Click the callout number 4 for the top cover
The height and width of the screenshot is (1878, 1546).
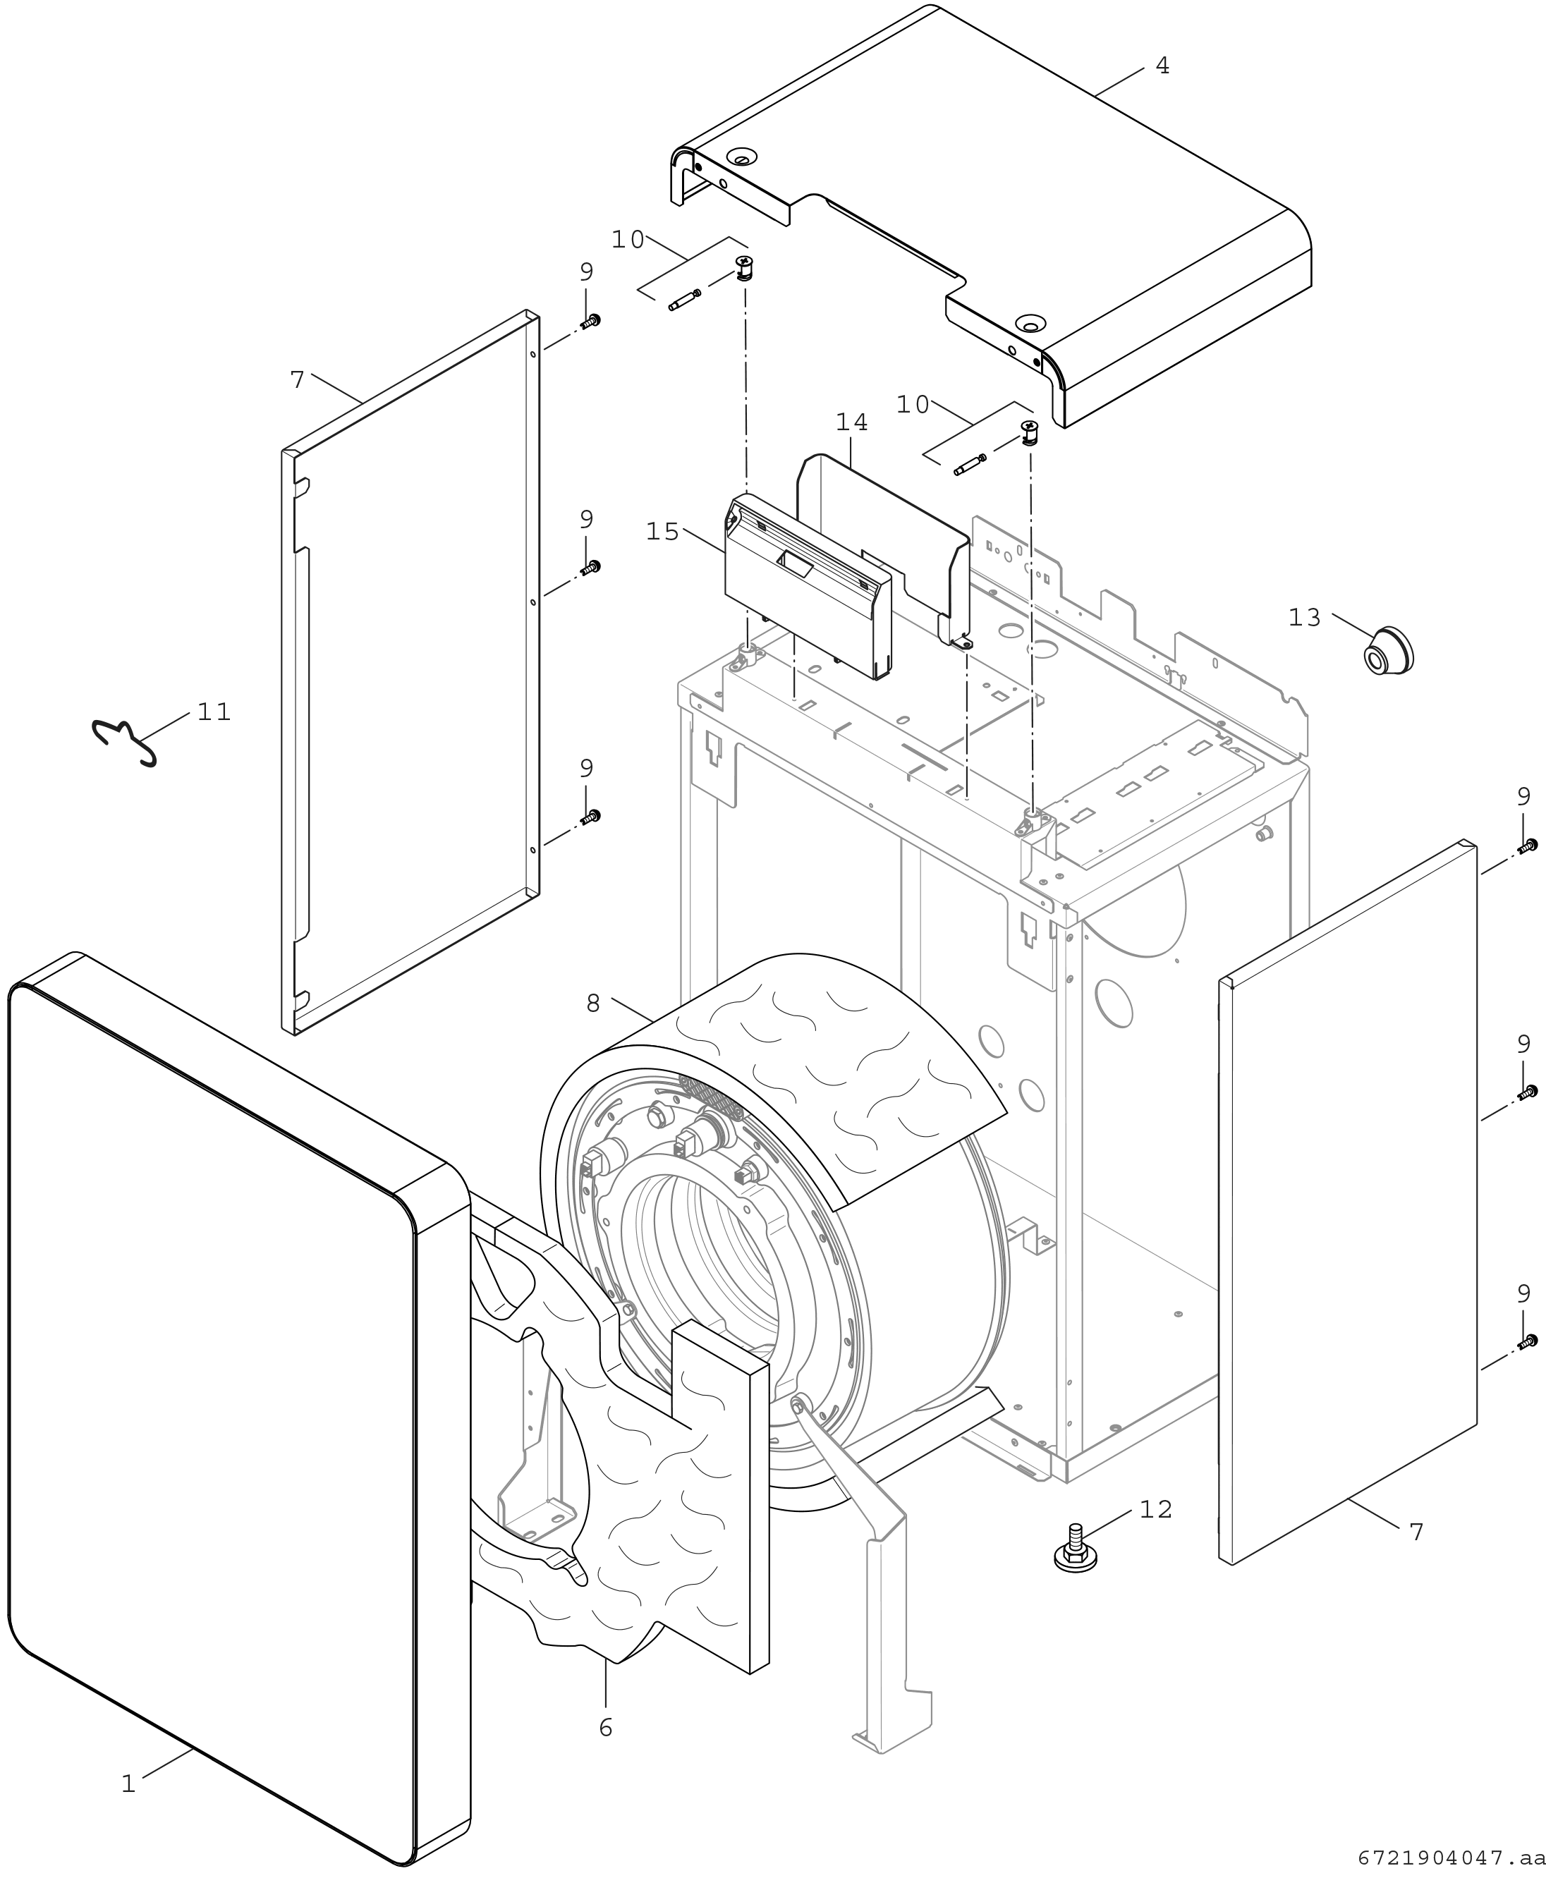coord(1162,66)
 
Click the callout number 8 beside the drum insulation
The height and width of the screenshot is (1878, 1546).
coord(593,1004)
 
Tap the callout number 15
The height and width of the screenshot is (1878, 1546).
coord(662,532)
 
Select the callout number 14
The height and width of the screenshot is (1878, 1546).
coord(851,422)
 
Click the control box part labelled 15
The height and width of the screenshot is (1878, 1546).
coord(806,587)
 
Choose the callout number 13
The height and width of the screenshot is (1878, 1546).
coord(1305,617)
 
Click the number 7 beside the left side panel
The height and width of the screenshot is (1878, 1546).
coord(298,380)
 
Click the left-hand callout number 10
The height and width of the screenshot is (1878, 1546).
coord(627,240)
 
